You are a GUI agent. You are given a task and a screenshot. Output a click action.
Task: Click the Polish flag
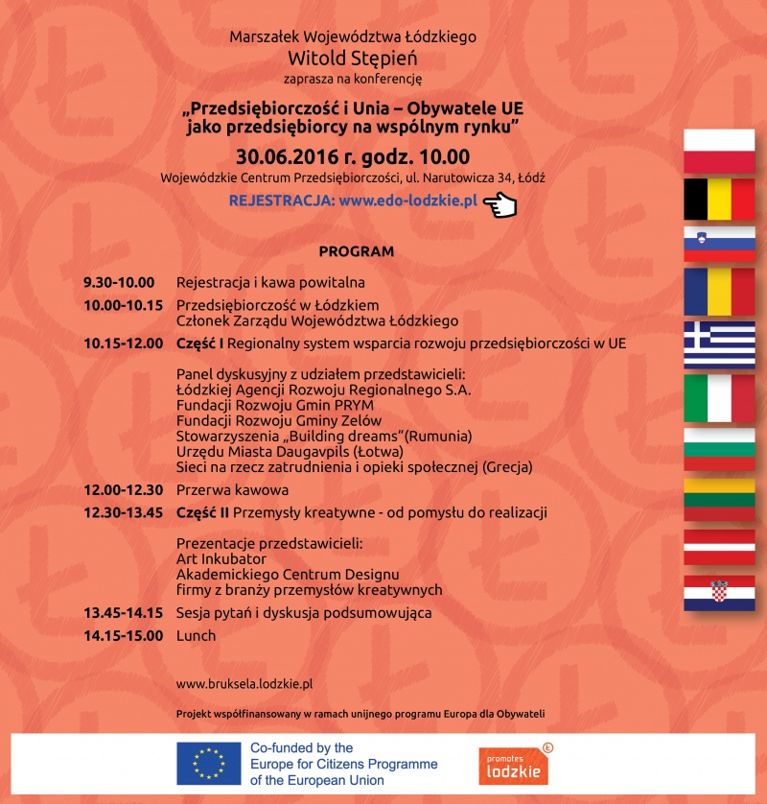tap(719, 151)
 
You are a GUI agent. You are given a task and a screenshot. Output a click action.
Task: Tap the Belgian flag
tap(719, 199)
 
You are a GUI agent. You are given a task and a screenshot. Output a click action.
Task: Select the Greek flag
tap(719, 344)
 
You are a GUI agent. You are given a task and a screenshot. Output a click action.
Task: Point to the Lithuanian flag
tap(719, 498)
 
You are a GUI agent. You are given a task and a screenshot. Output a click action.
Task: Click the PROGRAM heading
tap(357, 251)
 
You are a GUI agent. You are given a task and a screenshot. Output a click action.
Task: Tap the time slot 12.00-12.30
tap(122, 490)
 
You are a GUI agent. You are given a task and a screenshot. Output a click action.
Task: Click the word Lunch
tap(197, 635)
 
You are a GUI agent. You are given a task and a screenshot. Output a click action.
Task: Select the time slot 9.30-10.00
tap(119, 282)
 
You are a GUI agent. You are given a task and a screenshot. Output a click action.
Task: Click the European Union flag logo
tap(208, 764)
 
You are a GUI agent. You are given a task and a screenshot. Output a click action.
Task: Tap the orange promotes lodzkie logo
tap(514, 764)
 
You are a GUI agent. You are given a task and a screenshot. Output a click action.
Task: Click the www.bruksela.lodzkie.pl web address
tap(245, 684)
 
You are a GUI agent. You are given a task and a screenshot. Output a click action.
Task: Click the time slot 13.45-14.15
tap(122, 612)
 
